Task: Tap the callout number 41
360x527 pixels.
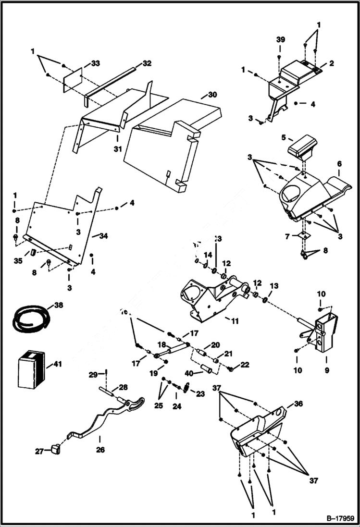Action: pos(58,365)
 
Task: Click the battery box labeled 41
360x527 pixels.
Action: pos(31,369)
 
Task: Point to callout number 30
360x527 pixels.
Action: pos(212,95)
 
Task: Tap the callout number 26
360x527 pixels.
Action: pos(100,450)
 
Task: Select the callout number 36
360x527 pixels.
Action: pos(298,404)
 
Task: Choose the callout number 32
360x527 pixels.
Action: pos(147,63)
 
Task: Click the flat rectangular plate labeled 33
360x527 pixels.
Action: pos(73,79)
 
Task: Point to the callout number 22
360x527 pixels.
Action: pos(245,365)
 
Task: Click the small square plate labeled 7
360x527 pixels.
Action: pos(302,236)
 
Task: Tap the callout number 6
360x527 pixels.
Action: pos(339,163)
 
